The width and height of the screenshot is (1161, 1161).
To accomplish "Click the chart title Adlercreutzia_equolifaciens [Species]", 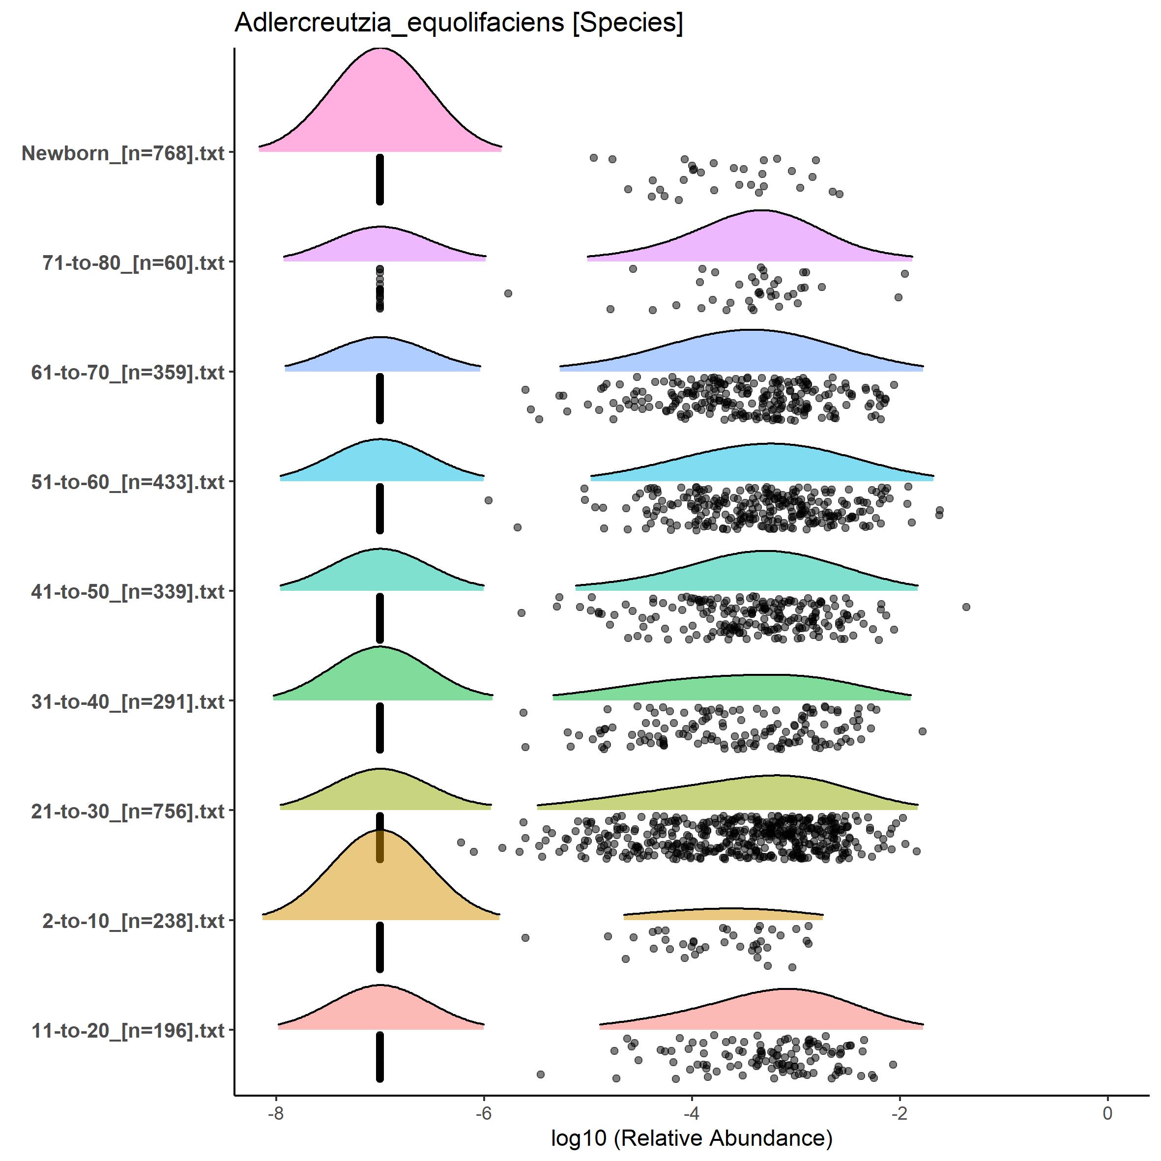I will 459,24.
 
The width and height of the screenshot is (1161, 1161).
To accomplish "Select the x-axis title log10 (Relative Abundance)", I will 691,1137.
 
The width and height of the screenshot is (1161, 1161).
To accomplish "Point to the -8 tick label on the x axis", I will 275,1112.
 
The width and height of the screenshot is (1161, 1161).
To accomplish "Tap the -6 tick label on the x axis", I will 483,1112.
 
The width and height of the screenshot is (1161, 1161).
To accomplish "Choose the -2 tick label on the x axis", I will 899,1112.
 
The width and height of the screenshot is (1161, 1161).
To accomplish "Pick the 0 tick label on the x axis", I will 1107,1112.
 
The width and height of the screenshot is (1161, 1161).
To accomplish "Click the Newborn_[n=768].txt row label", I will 123,153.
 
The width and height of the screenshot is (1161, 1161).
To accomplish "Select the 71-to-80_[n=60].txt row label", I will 133,262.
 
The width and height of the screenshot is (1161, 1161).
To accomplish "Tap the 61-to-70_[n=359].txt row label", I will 128,373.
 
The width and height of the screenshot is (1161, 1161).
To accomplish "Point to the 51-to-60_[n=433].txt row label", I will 128,482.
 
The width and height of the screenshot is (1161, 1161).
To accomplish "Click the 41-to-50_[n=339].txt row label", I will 128,592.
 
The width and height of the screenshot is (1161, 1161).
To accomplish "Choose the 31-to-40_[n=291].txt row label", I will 128,701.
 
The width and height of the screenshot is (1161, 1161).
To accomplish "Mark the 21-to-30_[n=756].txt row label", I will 128,811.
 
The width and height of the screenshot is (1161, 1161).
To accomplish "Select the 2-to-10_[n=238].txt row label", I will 133,921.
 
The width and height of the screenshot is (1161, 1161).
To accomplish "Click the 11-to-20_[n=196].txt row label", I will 128,1031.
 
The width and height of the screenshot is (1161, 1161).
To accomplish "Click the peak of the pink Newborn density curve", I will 380,49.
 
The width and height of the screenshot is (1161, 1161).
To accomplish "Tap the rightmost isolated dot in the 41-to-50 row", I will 966,607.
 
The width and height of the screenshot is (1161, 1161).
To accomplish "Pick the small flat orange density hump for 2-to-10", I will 724,914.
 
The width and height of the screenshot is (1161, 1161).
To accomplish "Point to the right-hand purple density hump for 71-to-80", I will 760,237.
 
